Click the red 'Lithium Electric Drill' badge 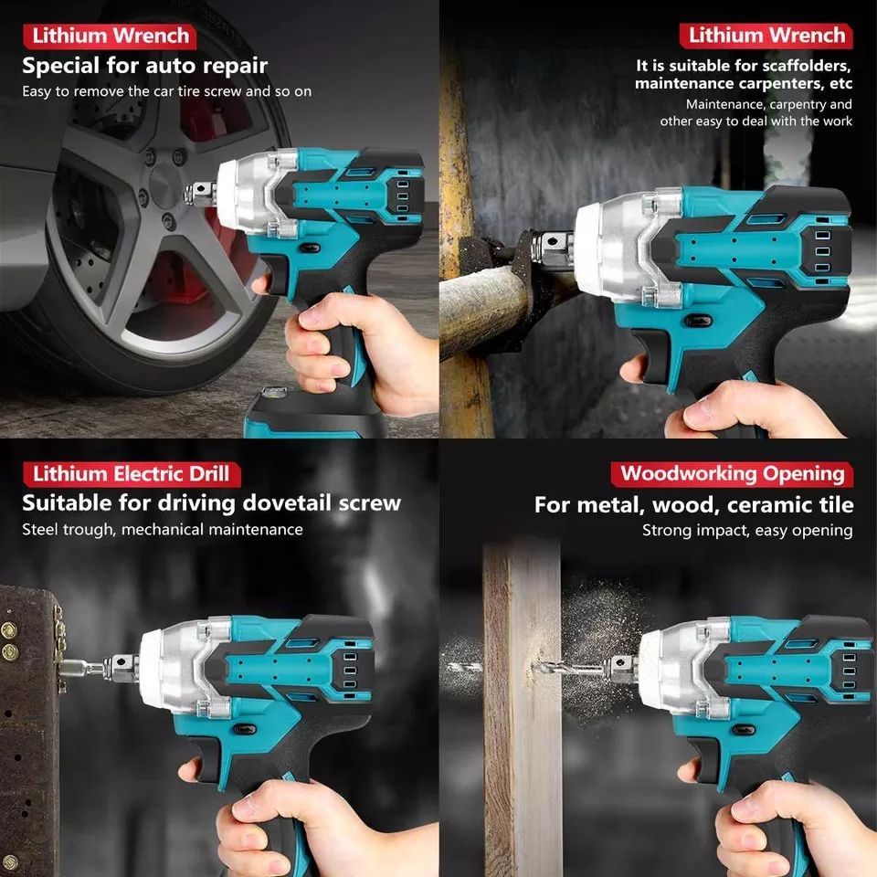(132, 474)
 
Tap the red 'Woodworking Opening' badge (732, 474)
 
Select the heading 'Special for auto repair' (144, 66)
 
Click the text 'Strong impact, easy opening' (746, 530)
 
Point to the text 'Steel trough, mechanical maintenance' (163, 529)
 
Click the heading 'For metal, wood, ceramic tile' (693, 504)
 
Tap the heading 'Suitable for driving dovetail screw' (211, 502)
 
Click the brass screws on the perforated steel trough (9, 639)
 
